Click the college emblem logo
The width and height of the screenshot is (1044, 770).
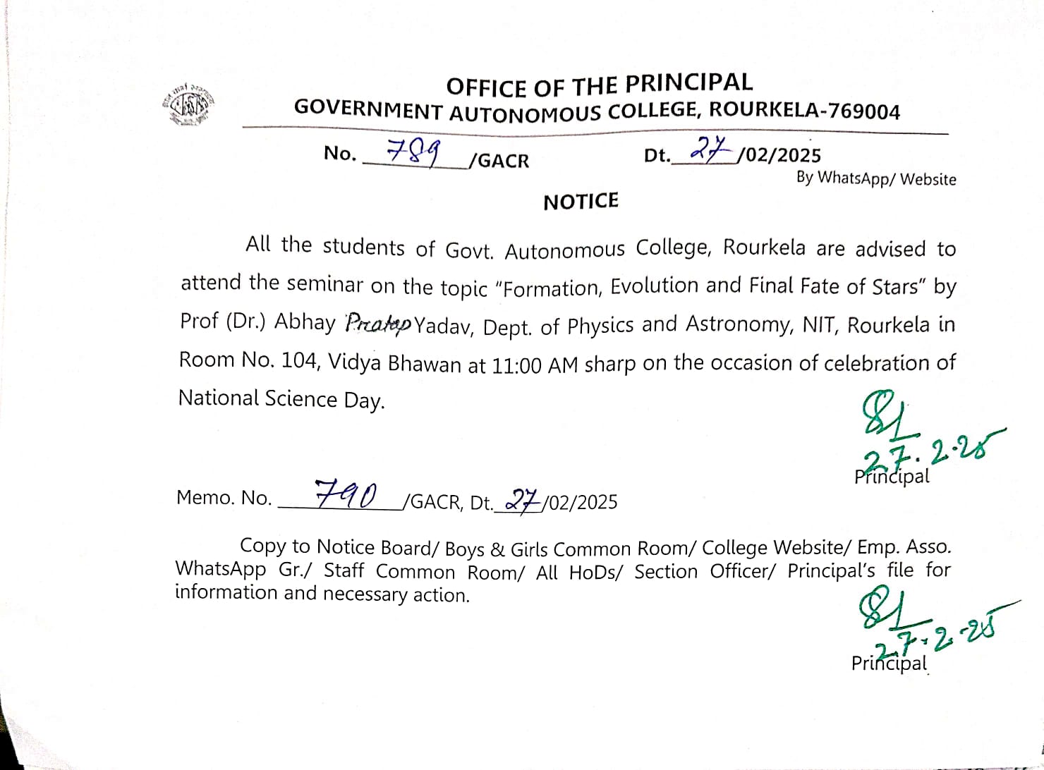coord(188,105)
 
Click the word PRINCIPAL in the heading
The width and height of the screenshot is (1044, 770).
coord(689,83)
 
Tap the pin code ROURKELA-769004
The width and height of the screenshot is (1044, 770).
coord(804,111)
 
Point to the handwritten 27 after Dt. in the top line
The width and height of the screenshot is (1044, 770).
coord(708,149)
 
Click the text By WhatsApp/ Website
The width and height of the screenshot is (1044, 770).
coord(876,178)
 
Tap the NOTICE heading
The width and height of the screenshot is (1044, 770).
coord(581,202)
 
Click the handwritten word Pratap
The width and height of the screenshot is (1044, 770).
coord(378,324)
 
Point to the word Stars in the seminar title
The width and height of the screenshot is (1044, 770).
coord(897,286)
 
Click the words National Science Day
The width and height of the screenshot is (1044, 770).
coord(281,399)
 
